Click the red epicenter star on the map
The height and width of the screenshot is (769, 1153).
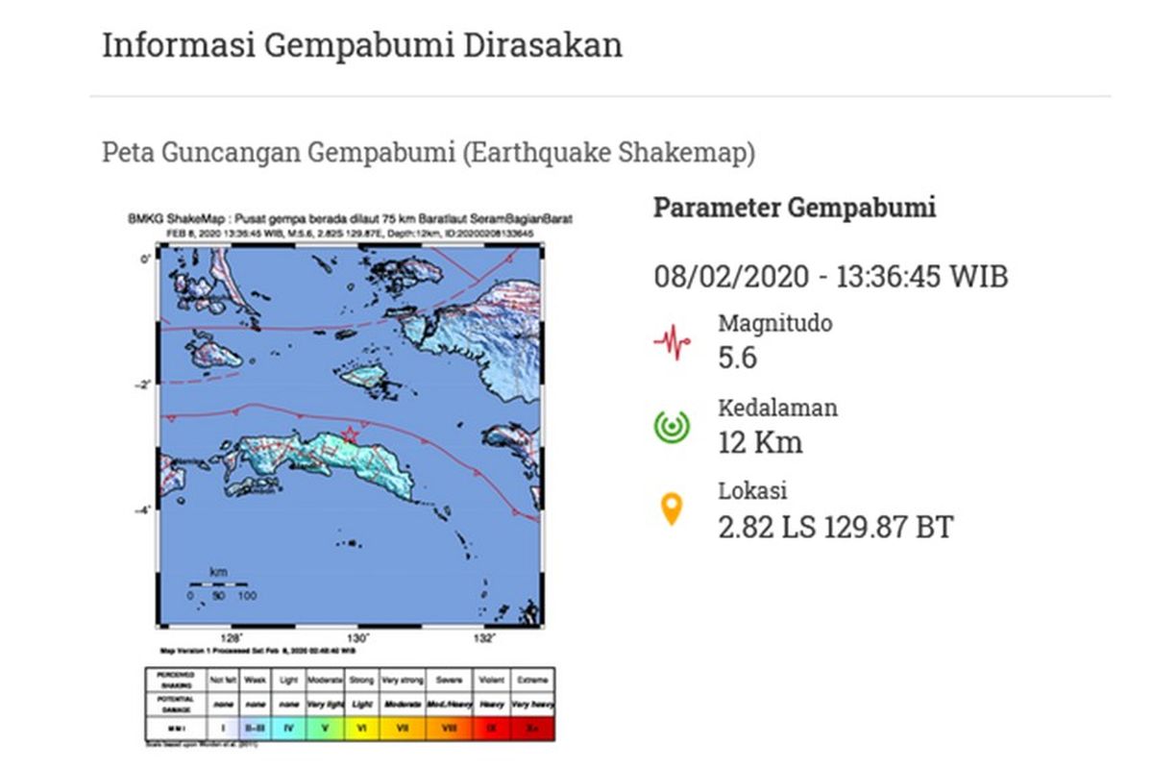pos(350,435)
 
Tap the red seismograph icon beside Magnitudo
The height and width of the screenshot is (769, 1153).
pos(672,341)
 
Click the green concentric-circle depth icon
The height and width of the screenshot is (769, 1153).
pos(672,425)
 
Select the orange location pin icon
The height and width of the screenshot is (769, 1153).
pos(672,509)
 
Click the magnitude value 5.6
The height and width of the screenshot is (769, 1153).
pos(738,359)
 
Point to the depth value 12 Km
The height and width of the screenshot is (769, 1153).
pos(760,442)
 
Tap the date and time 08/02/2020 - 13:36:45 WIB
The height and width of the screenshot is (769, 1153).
pos(831,278)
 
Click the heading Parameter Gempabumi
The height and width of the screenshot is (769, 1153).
pos(795,208)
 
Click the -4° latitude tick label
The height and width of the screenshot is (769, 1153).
pos(142,510)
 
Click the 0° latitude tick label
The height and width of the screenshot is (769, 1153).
pos(144,260)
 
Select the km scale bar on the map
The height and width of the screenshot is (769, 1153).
pos(219,583)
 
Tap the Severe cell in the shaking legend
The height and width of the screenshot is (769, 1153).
pos(449,678)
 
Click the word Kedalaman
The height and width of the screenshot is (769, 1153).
pos(777,408)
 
